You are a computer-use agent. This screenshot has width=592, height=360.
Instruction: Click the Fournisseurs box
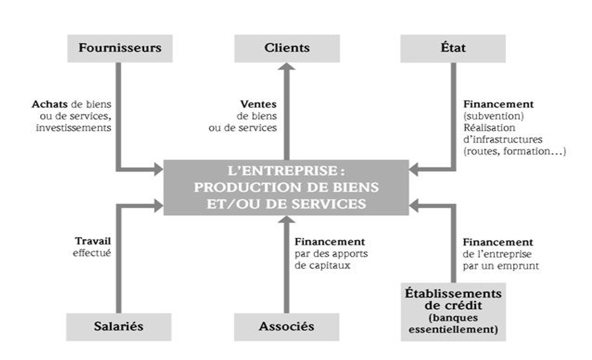point(120,48)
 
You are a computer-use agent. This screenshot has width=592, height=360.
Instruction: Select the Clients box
point(287,48)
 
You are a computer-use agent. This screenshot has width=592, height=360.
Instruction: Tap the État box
point(453,48)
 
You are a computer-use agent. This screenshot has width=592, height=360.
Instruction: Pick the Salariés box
point(119,326)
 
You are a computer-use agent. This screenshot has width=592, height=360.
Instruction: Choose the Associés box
point(286,326)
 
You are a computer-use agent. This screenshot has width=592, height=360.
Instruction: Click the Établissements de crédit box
point(453,312)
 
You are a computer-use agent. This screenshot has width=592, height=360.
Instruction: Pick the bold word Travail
point(93,241)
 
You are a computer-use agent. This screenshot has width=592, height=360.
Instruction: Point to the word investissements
point(74,128)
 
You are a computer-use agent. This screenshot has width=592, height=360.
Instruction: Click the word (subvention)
point(487,116)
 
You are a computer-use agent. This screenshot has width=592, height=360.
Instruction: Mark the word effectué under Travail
point(92,253)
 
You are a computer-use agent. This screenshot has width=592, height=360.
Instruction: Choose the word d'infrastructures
point(495,140)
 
